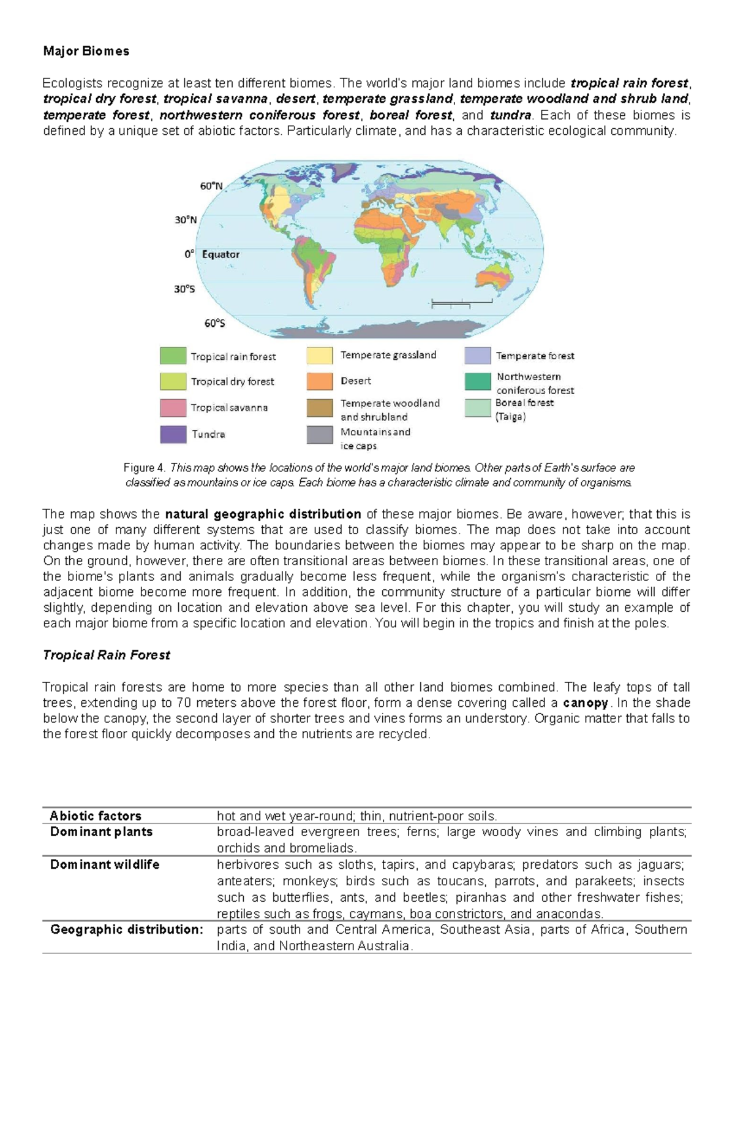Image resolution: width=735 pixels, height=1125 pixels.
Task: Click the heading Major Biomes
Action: point(86,51)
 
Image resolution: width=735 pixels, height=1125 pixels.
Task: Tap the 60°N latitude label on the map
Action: point(211,186)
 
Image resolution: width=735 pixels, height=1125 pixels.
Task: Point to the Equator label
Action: point(221,254)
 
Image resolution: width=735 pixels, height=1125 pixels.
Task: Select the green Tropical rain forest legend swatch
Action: point(173,356)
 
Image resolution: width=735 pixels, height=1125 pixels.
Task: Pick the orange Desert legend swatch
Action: point(320,381)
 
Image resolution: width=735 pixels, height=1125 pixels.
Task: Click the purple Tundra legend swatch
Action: point(173,434)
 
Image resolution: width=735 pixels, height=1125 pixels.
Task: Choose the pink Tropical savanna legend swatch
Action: point(173,408)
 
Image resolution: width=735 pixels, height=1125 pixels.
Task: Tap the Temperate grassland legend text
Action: point(388,355)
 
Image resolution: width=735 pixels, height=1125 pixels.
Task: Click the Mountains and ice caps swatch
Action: point(320,435)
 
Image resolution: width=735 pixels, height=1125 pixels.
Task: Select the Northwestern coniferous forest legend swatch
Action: point(478,381)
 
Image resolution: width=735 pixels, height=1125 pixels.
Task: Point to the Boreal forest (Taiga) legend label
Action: point(524,410)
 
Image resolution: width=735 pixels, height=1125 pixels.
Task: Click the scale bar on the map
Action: point(462,302)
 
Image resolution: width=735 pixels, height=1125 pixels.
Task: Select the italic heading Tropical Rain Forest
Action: point(106,655)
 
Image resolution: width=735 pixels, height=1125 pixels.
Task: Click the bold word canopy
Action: point(586,703)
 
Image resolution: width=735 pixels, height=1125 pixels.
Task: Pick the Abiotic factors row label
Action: point(96,816)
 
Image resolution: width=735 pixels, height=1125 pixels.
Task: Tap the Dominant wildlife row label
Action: point(105,864)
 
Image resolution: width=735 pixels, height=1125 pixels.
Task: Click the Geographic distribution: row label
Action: point(126,929)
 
